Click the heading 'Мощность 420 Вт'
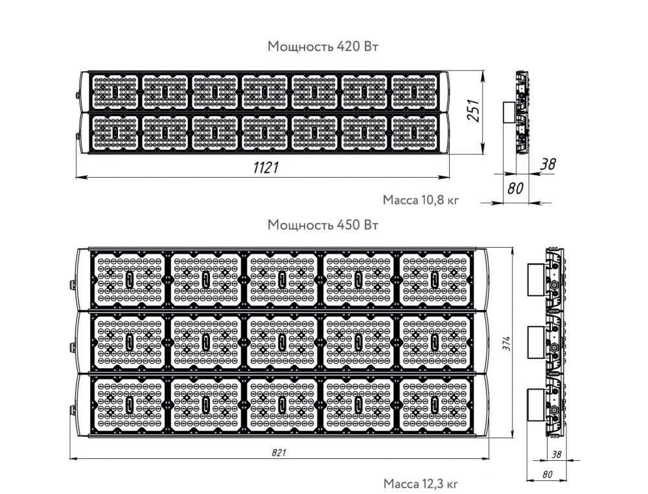pyautogui.click(x=323, y=46)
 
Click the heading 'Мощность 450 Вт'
pyautogui.click(x=323, y=225)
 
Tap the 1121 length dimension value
pyautogui.click(x=266, y=167)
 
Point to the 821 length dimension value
pyautogui.click(x=279, y=453)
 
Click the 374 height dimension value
pyautogui.click(x=507, y=344)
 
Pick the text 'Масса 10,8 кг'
pyautogui.click(x=421, y=200)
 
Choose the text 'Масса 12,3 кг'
pyautogui.click(x=421, y=484)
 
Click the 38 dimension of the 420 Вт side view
pyautogui.click(x=548, y=164)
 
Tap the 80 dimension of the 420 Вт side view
pyautogui.click(x=515, y=189)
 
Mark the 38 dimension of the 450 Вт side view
pyautogui.click(x=556, y=454)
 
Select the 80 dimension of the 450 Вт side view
pyautogui.click(x=547, y=475)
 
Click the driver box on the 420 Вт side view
pyautogui.click(x=509, y=112)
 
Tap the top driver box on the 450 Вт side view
pyautogui.click(x=536, y=279)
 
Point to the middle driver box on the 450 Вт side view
pyautogui.click(x=536, y=342)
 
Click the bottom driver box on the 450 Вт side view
pyautogui.click(x=536, y=405)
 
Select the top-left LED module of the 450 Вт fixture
pyautogui.click(x=130, y=279)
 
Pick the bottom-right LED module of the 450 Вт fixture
pyautogui.click(x=435, y=405)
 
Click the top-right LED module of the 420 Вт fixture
pyautogui.click(x=414, y=92)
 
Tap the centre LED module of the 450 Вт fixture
pyautogui.click(x=283, y=342)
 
